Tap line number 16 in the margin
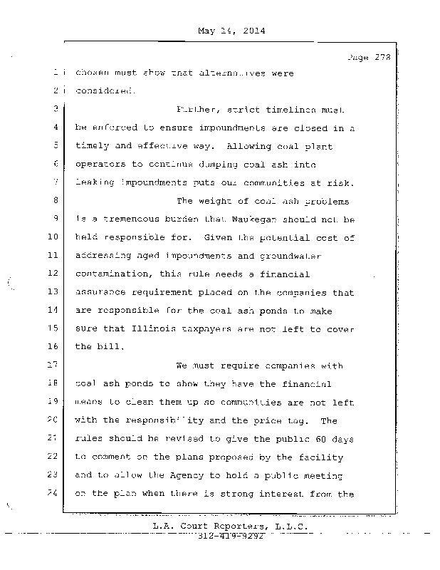(53, 346)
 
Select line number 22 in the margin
(53, 457)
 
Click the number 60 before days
(305, 438)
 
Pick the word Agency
(166, 475)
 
